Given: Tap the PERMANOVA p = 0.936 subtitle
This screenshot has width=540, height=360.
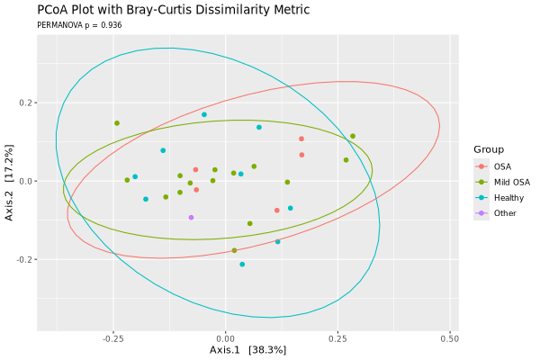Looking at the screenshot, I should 79,25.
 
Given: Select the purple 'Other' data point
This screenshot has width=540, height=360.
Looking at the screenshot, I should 192,217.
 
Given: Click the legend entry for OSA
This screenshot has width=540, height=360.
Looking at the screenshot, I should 501,166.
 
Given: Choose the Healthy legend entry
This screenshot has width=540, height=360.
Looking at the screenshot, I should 507,197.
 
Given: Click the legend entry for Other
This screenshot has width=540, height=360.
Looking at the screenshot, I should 504,212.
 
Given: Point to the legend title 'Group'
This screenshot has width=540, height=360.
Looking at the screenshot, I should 490,149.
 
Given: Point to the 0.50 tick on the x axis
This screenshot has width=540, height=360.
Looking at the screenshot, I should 449,338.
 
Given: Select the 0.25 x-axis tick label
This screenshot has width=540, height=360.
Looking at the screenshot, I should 337,338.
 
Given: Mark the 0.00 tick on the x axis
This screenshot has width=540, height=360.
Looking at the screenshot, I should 226,338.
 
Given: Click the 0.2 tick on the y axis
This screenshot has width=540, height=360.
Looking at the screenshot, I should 26,103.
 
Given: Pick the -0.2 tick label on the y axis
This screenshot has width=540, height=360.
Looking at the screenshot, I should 24,259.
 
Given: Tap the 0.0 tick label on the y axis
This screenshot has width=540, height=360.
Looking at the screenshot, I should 26,181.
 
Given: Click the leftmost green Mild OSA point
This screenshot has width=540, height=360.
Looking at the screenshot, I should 117,123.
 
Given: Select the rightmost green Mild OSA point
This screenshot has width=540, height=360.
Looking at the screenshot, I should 353,136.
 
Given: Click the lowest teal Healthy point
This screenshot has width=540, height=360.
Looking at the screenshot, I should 242,265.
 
